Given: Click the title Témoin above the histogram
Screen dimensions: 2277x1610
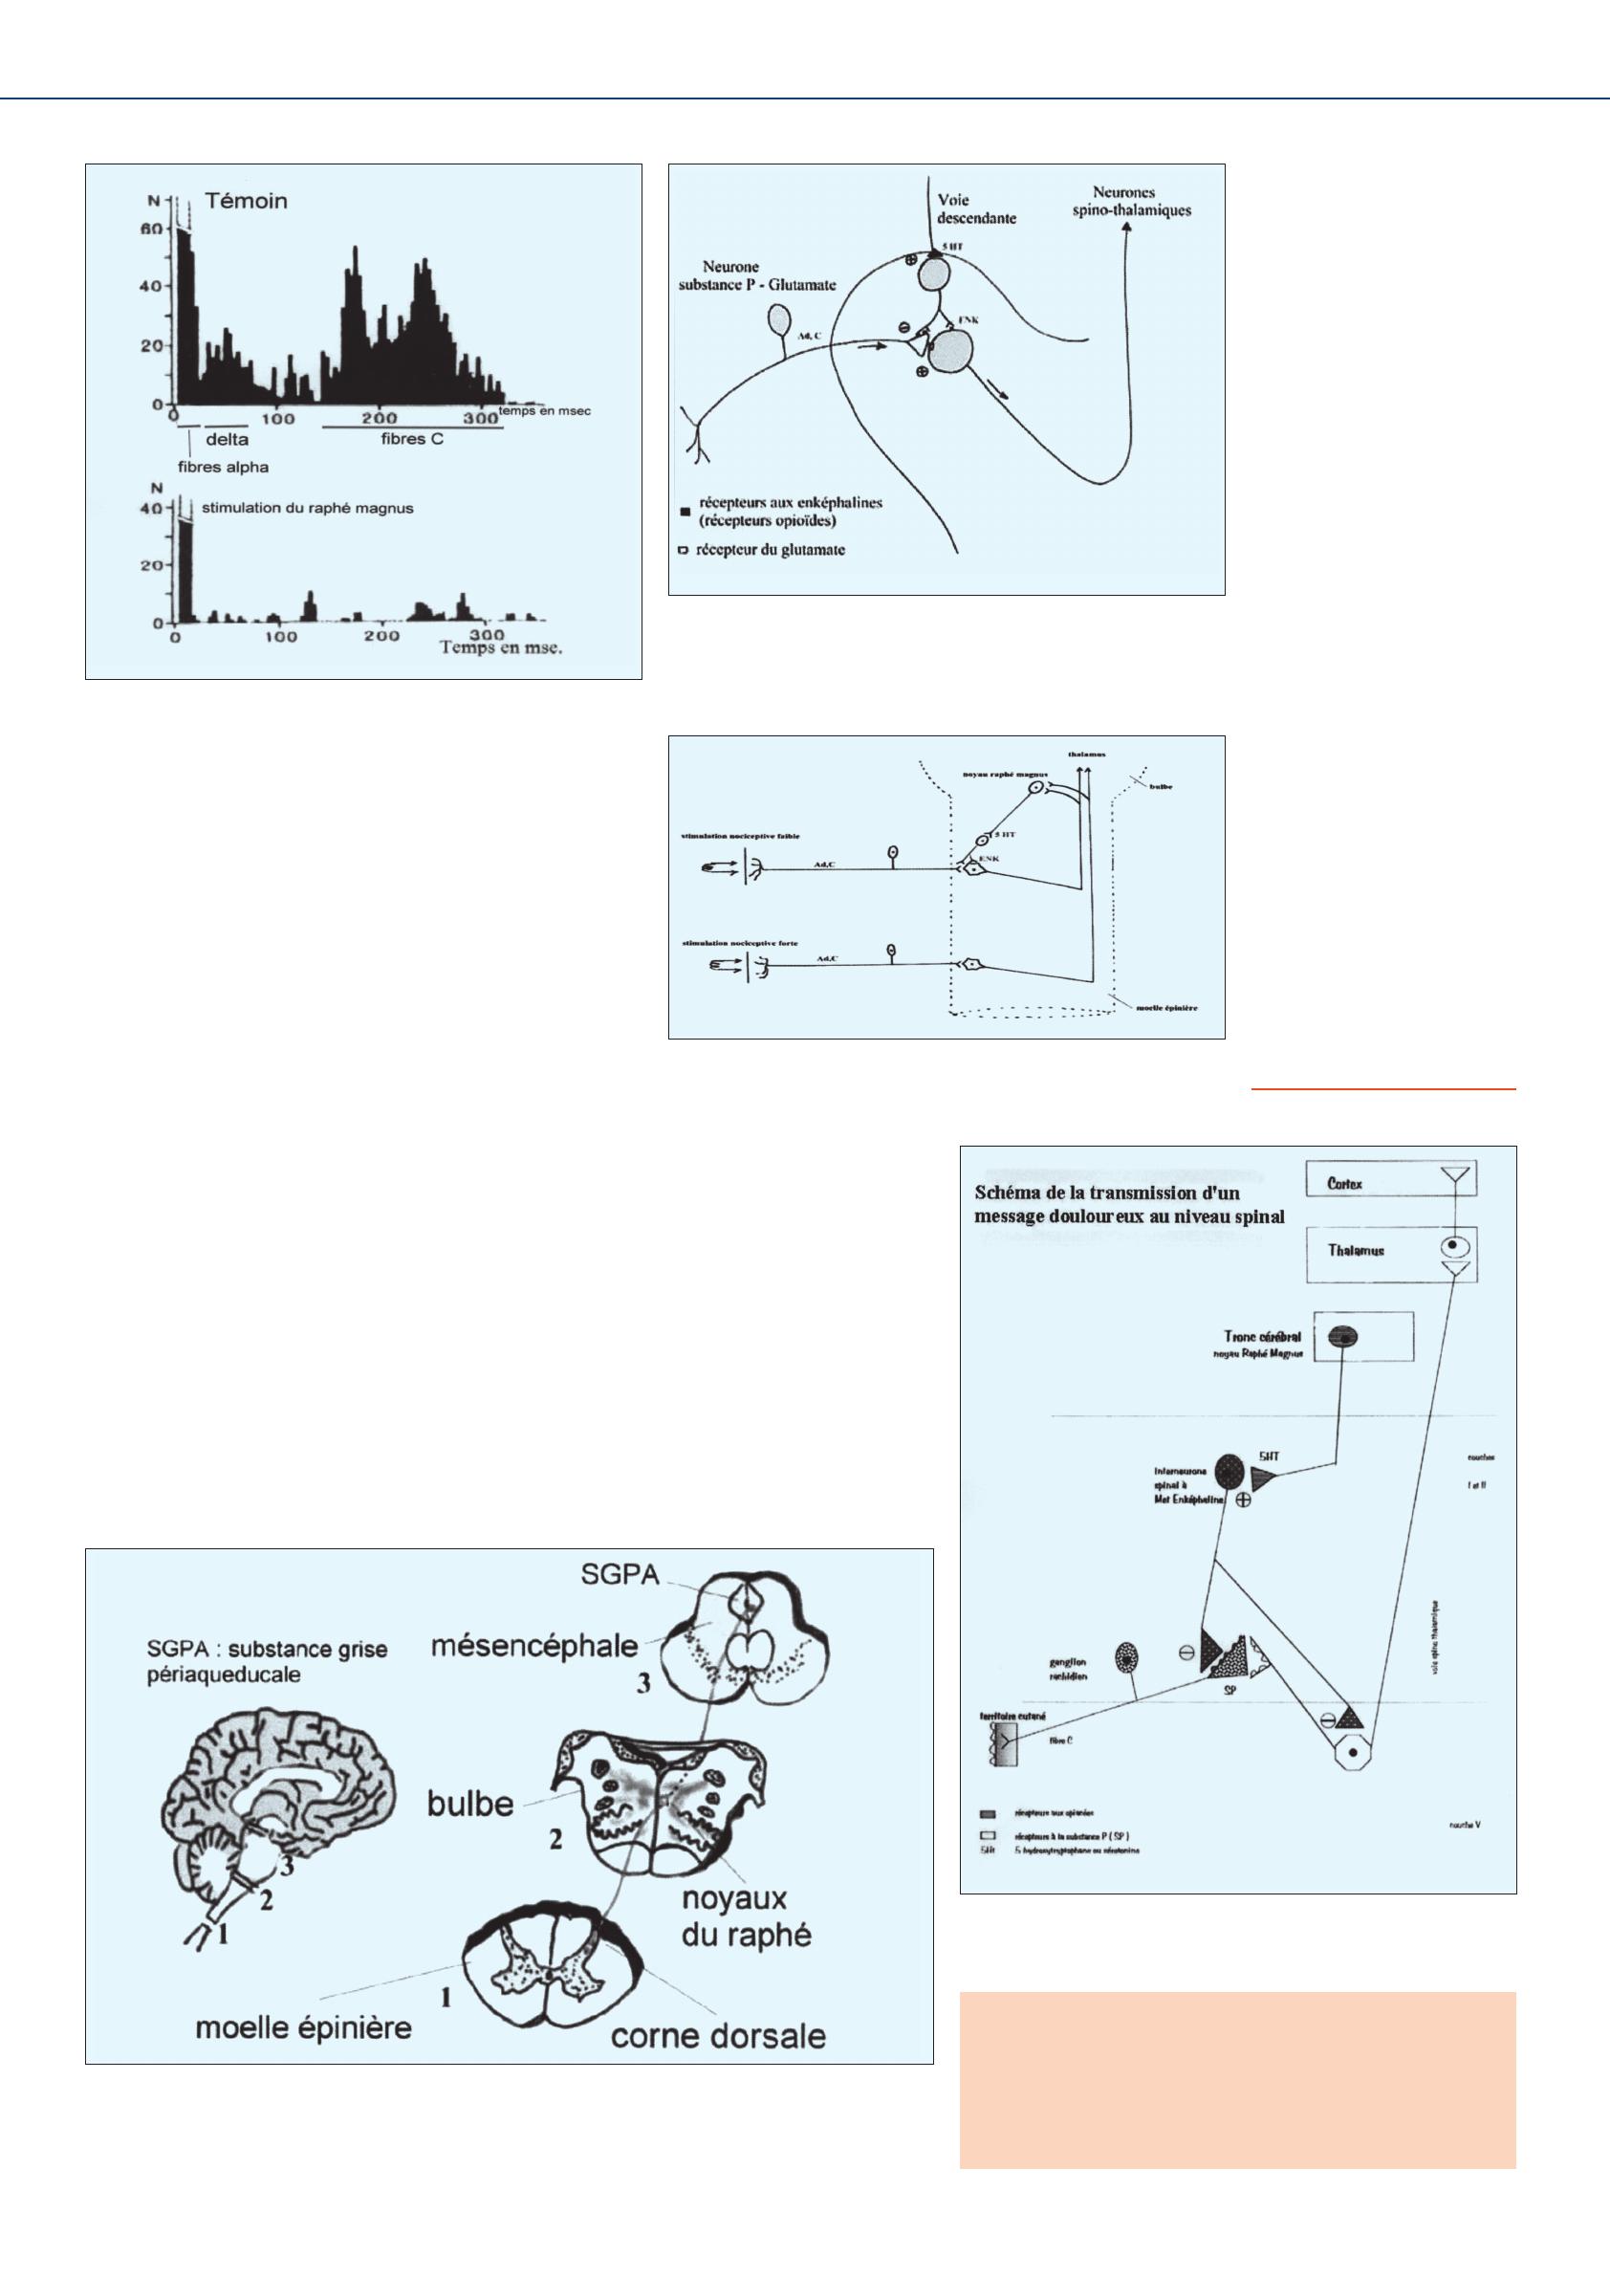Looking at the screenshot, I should coord(246,200).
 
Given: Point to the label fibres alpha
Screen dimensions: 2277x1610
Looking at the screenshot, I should coord(223,467).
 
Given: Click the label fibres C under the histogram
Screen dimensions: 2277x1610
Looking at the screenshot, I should coord(411,438).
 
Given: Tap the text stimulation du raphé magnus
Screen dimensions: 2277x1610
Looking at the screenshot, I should coord(307,508).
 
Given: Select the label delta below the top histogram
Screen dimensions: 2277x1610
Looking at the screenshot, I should coord(227,439).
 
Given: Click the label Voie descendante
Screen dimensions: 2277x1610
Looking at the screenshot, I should coord(975,208).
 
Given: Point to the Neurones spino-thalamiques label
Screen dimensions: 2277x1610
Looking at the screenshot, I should coord(1130,202).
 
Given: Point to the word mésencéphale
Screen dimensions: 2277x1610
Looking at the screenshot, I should coord(533,1647).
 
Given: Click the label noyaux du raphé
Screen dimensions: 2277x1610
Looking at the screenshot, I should coord(746,1917).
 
